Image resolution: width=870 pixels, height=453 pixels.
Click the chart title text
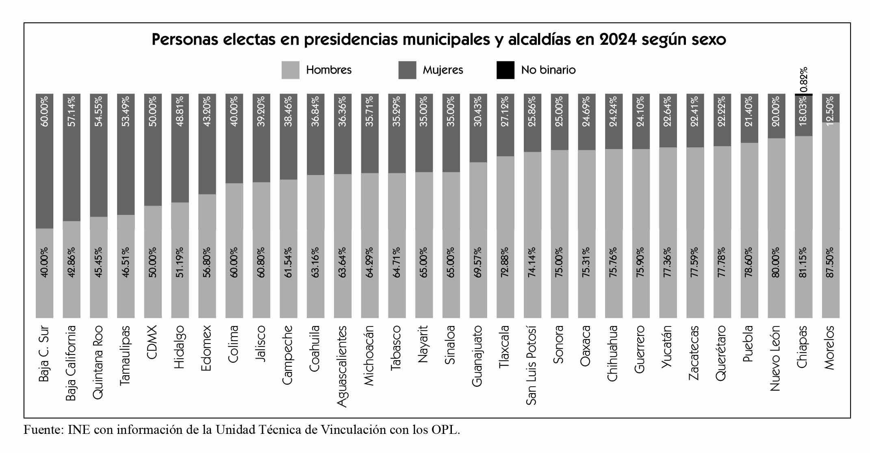438,40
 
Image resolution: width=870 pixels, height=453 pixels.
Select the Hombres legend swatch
290,70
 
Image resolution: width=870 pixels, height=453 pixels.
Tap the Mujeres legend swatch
407,70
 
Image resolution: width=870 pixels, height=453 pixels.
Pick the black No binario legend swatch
505,70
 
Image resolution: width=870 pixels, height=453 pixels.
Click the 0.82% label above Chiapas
803,80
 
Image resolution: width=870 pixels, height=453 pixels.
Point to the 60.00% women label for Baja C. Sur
44,111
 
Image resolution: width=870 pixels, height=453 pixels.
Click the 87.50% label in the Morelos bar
830,263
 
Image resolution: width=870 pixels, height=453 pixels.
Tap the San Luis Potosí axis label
532,365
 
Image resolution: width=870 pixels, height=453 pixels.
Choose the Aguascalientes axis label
342,366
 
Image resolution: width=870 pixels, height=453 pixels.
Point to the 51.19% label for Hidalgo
180,263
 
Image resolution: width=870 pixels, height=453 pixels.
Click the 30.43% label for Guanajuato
478,111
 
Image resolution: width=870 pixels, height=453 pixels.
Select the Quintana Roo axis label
98,361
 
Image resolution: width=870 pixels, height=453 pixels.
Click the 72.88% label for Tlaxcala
505,263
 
